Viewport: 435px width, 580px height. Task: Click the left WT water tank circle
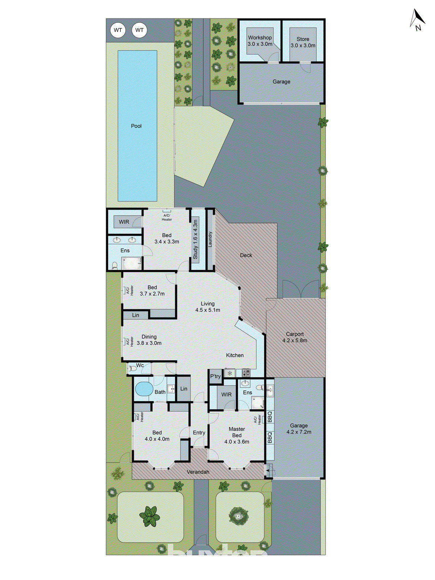[x=118, y=30]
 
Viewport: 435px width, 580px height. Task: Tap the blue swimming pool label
[x=136, y=126]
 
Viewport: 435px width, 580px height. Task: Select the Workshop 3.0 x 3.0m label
[x=260, y=41]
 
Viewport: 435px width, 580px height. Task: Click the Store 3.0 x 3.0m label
[x=303, y=42]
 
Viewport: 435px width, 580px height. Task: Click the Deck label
[x=246, y=255]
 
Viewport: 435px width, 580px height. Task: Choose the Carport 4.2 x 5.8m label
[x=295, y=337]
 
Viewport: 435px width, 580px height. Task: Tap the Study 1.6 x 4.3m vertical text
[x=195, y=240]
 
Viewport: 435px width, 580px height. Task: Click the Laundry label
[x=210, y=240]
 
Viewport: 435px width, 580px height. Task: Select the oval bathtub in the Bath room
[x=144, y=390]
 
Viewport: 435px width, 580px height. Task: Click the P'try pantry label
[x=215, y=376]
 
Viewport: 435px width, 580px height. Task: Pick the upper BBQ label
[x=270, y=417]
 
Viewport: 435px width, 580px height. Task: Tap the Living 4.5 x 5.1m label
[x=208, y=307]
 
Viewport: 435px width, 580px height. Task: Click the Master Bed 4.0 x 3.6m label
[x=237, y=435]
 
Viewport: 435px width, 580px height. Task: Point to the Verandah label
[x=198, y=472]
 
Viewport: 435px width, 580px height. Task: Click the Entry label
[x=199, y=432]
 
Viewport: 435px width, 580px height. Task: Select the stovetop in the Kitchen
[x=246, y=372]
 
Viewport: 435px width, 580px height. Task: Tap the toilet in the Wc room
[x=132, y=369]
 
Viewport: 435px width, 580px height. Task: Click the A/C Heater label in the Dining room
[x=130, y=341]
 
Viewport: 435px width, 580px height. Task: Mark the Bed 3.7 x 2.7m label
[x=152, y=290]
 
